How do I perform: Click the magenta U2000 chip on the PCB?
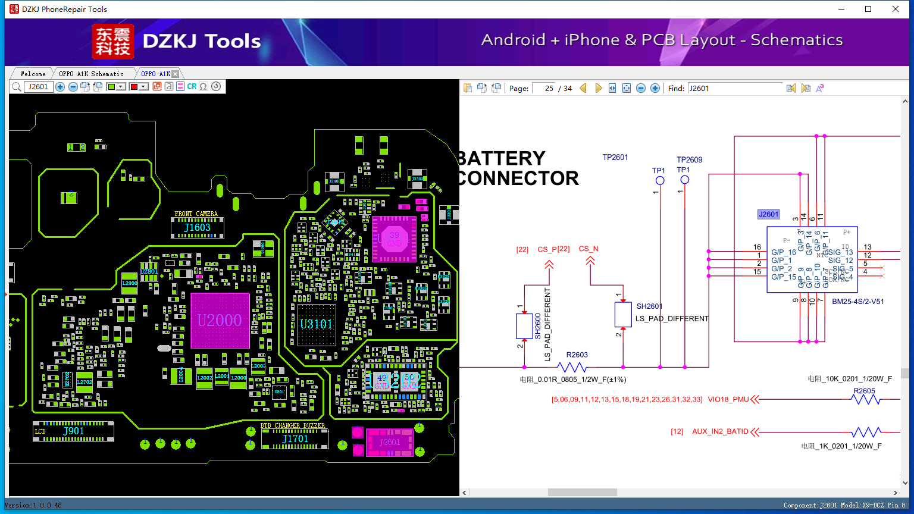[x=220, y=321]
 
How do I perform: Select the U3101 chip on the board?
[x=316, y=324]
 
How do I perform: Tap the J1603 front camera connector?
[x=197, y=227]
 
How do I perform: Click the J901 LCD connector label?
[x=74, y=431]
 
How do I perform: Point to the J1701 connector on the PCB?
[x=295, y=439]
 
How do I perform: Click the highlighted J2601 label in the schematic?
[x=768, y=214]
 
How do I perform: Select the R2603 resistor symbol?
[x=572, y=367]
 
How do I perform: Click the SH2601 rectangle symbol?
[x=623, y=315]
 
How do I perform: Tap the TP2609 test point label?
[x=689, y=159]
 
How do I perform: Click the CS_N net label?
[x=589, y=249]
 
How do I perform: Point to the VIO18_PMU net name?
[x=728, y=399]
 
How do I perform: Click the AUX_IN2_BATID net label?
[x=720, y=431]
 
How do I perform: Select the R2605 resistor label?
[x=864, y=391]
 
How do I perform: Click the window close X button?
[x=896, y=9]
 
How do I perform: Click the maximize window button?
[x=868, y=9]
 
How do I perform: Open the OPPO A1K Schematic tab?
[x=91, y=74]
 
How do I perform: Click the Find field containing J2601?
[x=734, y=88]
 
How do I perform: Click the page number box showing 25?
[x=543, y=88]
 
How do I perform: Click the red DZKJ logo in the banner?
[x=113, y=42]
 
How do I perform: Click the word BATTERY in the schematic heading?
[x=502, y=158]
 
